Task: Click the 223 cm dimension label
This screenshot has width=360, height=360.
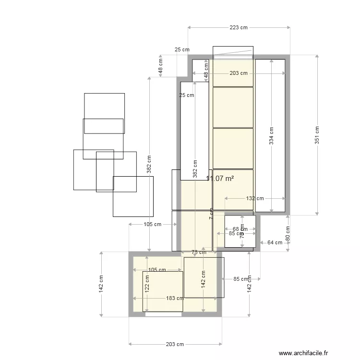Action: (239, 27)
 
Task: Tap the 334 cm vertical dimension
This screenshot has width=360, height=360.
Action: (272, 135)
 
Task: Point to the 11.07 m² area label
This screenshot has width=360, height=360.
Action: (220, 179)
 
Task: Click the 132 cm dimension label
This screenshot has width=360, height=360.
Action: (255, 198)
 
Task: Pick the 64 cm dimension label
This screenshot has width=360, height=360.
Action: (275, 242)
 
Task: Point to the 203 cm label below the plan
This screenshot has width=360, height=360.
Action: (175, 344)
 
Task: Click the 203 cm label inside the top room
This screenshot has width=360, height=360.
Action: (239, 73)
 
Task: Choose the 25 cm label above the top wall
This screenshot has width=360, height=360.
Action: (181, 49)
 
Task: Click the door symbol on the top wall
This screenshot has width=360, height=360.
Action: (233, 52)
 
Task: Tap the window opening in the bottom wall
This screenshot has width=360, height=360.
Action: (164, 314)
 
